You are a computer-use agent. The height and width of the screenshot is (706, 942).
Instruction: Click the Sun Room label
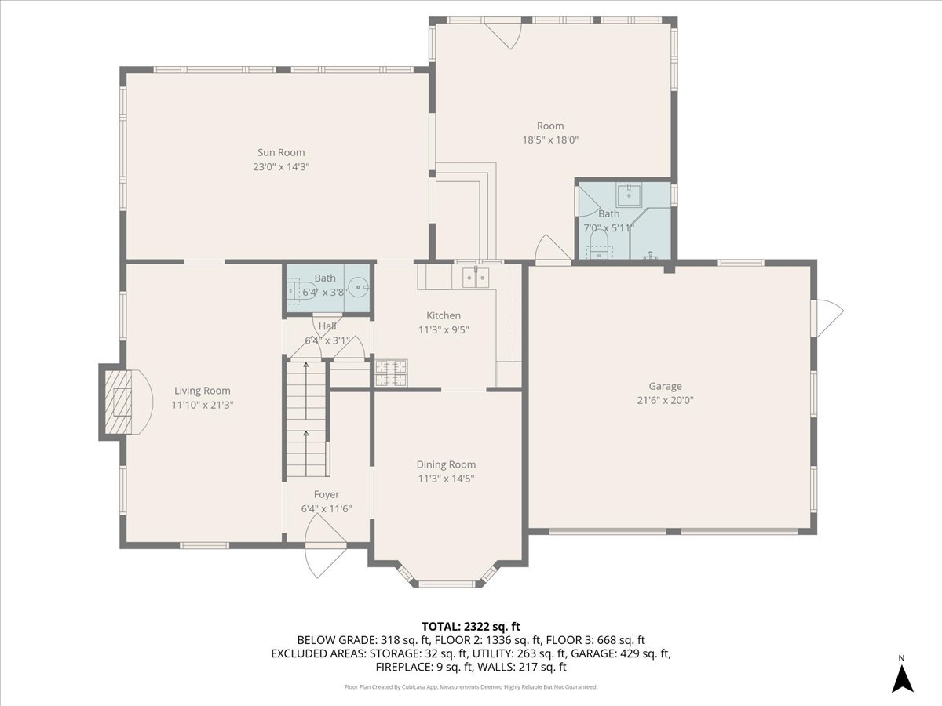[281, 153]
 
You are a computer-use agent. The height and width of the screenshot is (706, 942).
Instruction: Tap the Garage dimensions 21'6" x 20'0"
[665, 400]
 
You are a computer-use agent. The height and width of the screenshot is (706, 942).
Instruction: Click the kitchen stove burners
[391, 373]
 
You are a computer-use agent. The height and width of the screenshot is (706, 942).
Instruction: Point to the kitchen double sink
[476, 276]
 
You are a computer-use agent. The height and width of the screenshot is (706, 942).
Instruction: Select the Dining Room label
[446, 464]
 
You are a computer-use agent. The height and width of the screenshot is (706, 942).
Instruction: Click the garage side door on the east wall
[829, 318]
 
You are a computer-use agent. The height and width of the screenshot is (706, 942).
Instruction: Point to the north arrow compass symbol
[902, 675]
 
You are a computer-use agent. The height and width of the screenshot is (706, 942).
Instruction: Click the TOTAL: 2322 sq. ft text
[471, 626]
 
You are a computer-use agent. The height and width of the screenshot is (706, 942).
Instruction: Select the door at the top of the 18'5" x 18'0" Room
[502, 34]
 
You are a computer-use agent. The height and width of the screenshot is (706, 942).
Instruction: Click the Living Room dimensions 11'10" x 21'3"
[203, 405]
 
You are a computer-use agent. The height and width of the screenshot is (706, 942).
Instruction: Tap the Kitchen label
[444, 315]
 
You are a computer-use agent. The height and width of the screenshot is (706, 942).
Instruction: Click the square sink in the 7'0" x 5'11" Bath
[630, 194]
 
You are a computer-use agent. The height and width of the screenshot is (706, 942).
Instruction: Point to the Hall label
[327, 326]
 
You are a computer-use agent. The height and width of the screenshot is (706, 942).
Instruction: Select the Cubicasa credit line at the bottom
[471, 687]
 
